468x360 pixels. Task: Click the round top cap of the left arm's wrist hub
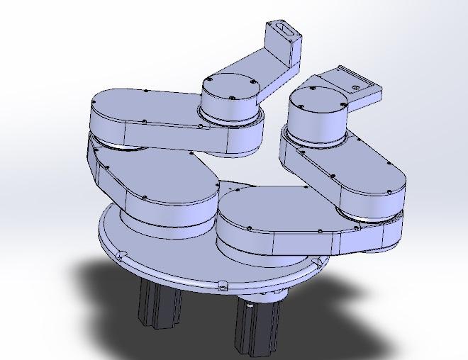tap(231, 91)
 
